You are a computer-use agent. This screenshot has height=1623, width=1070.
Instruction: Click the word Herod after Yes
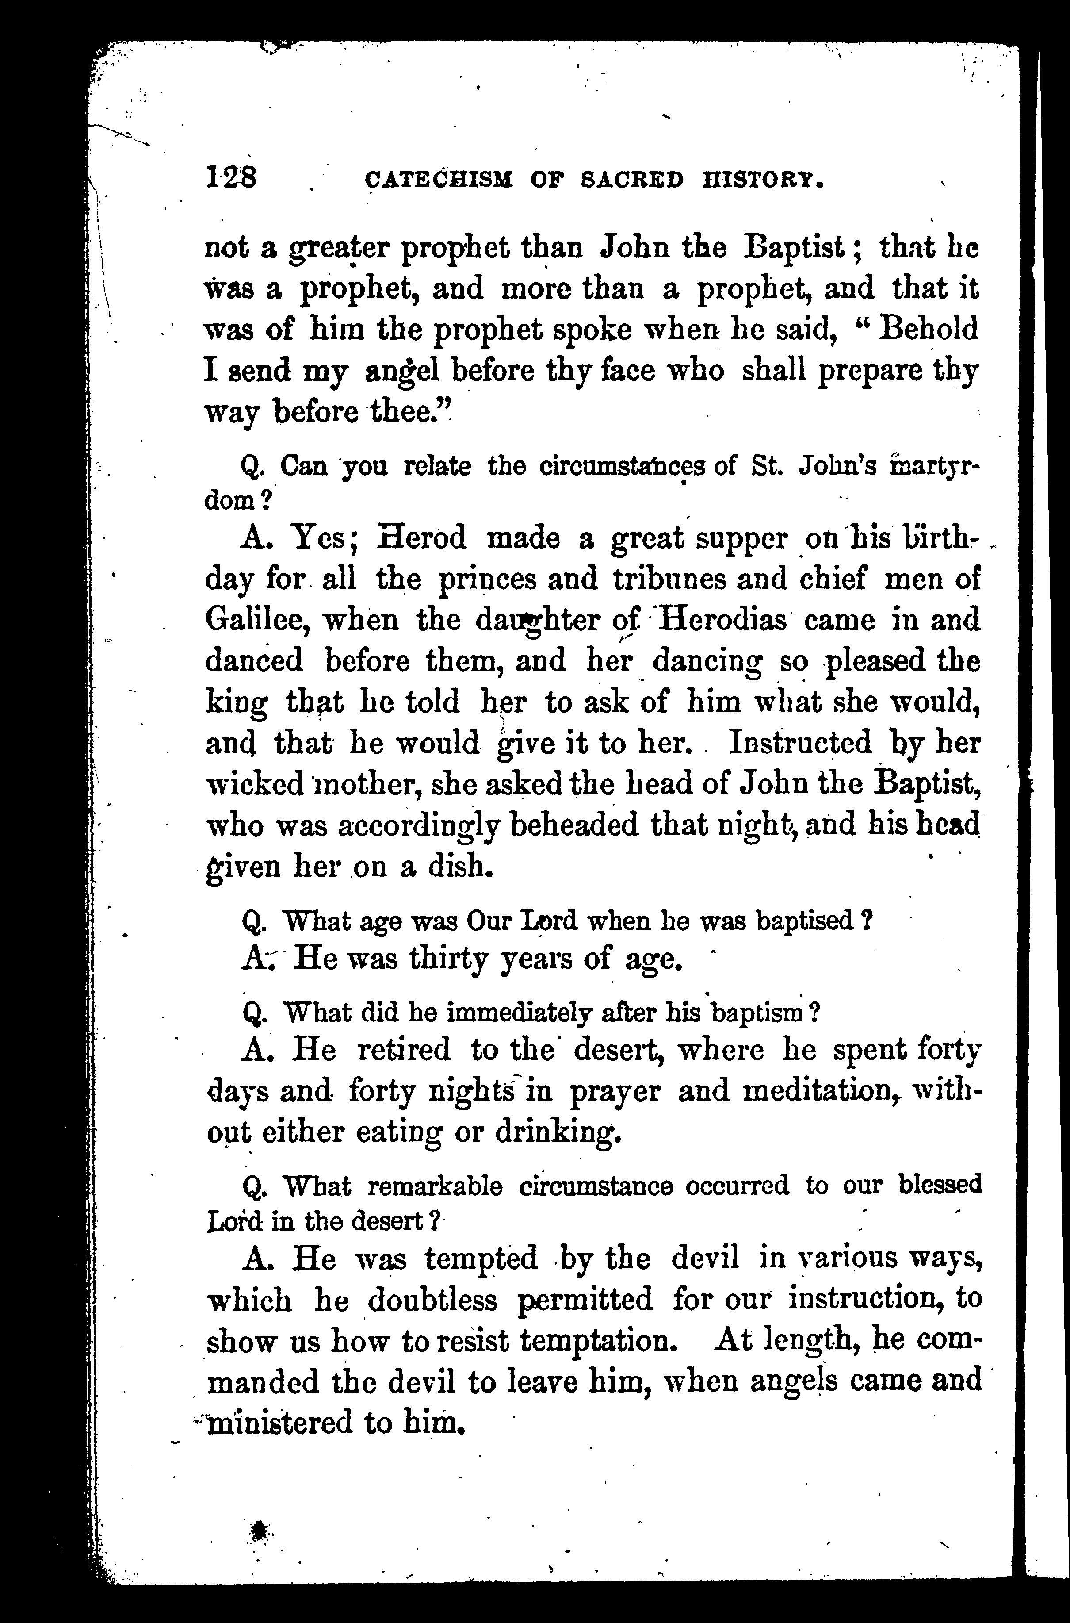[x=423, y=538]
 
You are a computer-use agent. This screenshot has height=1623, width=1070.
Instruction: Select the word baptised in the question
[x=805, y=921]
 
